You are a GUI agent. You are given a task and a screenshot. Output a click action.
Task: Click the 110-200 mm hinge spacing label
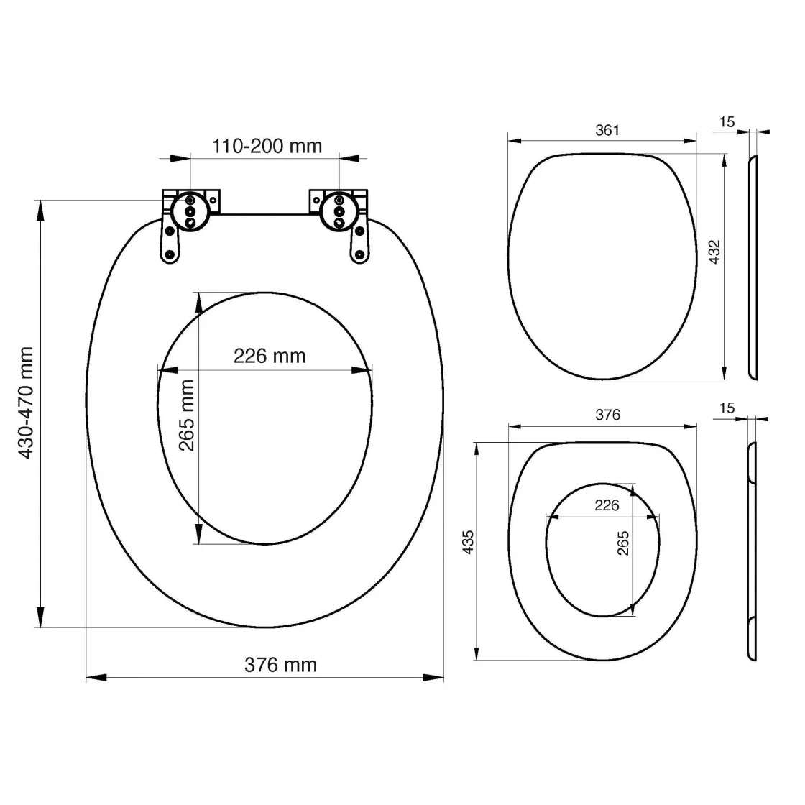267,146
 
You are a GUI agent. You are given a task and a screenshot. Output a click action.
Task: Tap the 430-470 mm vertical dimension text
27,403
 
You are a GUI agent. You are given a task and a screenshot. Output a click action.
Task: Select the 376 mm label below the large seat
280,665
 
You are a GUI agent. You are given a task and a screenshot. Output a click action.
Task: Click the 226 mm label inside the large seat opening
270,356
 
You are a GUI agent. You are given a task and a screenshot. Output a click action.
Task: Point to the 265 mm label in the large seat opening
187,415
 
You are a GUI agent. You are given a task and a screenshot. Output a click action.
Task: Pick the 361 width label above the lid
607,130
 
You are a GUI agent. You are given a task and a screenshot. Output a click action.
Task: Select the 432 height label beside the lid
714,252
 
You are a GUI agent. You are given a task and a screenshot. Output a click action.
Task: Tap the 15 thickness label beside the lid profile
727,122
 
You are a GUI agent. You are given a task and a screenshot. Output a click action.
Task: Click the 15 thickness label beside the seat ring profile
727,408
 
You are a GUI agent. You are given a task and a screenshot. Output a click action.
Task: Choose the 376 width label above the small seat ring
607,415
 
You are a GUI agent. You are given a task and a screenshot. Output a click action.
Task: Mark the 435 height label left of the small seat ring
467,543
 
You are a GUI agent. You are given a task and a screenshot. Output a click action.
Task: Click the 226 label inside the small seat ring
607,505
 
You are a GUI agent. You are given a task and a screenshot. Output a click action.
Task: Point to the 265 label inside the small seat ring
622,543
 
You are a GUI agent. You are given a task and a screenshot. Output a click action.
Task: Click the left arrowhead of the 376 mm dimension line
96,677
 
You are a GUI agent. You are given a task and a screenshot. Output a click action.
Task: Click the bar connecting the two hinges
264,213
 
